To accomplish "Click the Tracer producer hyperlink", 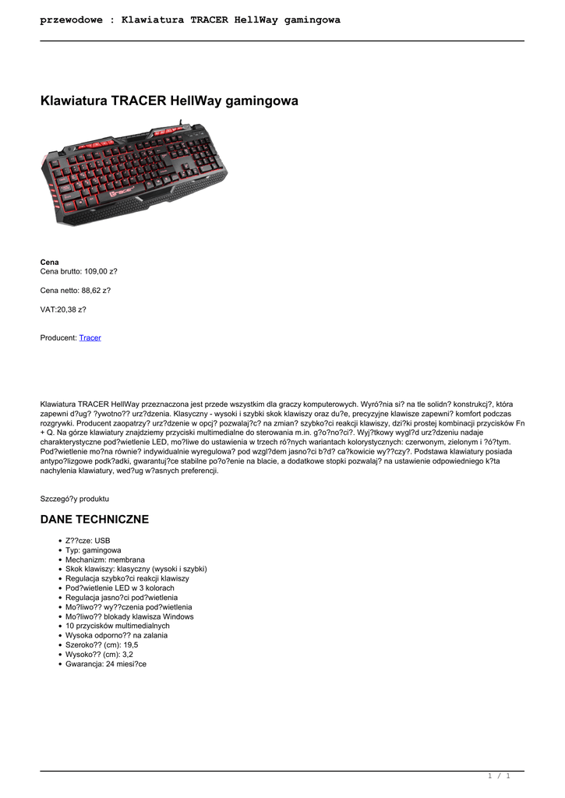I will (90, 337).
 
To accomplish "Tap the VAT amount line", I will (63, 309).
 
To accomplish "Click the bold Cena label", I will (49, 262).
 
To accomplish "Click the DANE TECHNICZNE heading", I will (94, 519).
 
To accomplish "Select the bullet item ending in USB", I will (87, 540).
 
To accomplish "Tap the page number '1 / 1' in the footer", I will (498, 775).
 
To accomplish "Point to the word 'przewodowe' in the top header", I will (71, 19).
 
